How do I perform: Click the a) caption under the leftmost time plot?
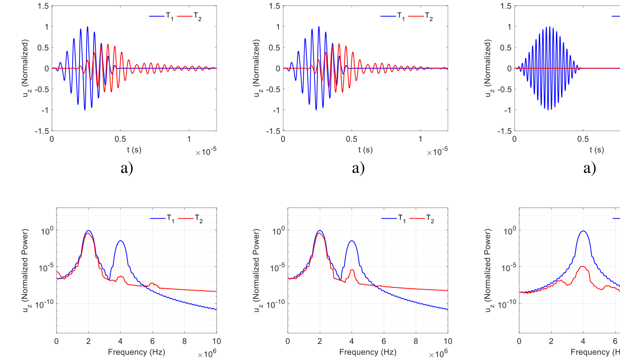(126, 168)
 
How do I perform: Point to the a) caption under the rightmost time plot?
(589, 168)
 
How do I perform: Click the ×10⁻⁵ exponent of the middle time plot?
(437, 152)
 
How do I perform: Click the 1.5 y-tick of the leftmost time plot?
(43, 6)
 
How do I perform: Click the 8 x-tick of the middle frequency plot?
(416, 341)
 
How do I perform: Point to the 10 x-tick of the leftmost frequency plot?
(217, 341)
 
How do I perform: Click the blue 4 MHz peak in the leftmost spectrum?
(121, 241)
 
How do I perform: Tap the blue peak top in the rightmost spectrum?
(583, 231)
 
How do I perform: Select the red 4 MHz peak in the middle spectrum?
(352, 270)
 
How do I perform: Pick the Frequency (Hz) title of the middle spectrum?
(367, 352)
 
